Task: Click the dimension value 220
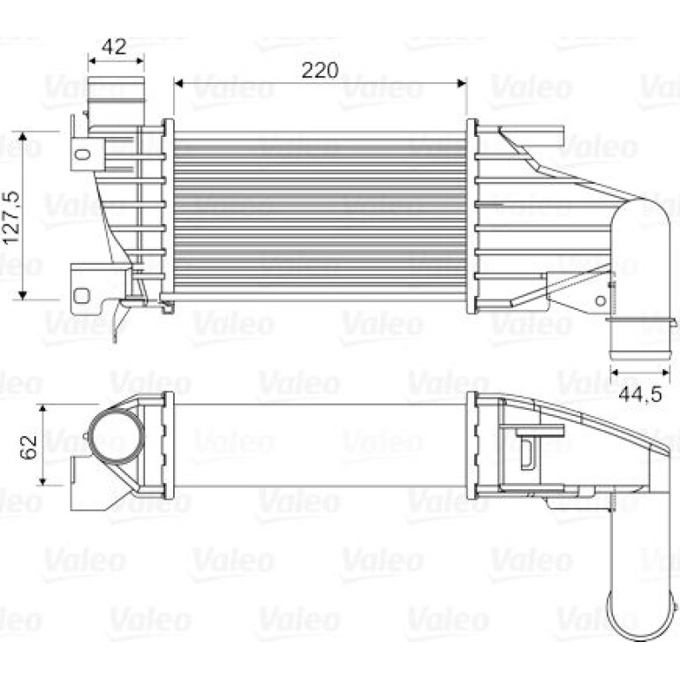(x=320, y=71)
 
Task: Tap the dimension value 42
(x=114, y=47)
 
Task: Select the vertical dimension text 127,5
(x=11, y=217)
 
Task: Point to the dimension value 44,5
(x=640, y=394)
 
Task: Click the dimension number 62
(x=28, y=447)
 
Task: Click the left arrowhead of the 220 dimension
(x=178, y=83)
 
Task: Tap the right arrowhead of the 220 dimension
(x=462, y=83)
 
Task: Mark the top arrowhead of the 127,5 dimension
(x=23, y=137)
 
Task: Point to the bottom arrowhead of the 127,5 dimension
(x=23, y=295)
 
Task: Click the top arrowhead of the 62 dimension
(x=42, y=410)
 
